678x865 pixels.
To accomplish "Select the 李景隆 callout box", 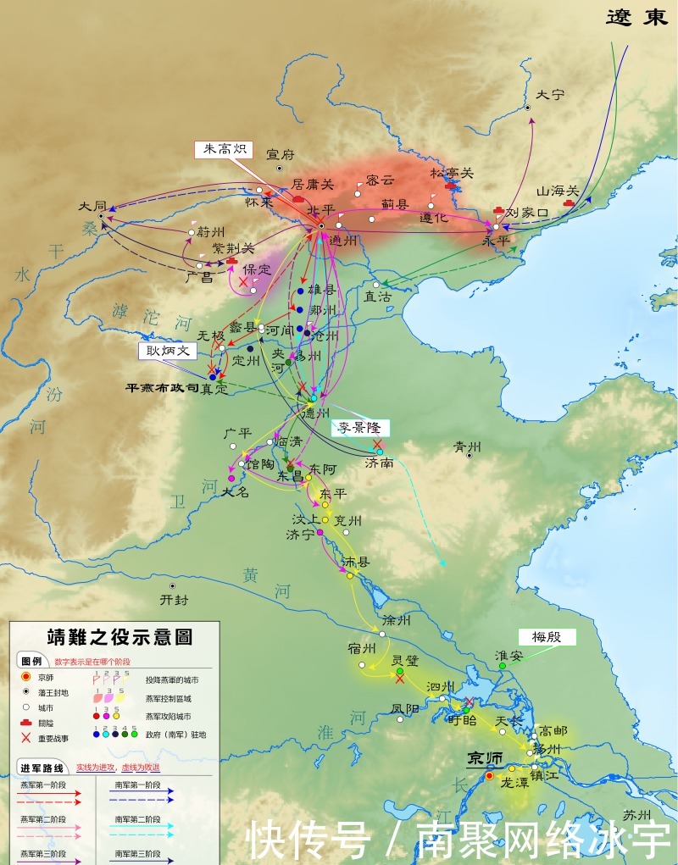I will (x=360, y=428).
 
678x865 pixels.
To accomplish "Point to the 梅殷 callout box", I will (x=547, y=636).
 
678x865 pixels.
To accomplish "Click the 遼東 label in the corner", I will (x=637, y=18).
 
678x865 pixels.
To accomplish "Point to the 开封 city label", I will (x=174, y=599).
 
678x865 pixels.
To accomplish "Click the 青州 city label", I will (x=467, y=446).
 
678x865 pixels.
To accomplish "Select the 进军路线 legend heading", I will (x=42, y=768).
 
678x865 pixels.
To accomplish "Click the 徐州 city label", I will (x=396, y=620).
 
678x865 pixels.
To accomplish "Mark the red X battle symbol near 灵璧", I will (x=400, y=679).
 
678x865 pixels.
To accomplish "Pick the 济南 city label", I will (x=379, y=463).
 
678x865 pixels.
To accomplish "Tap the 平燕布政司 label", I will (x=162, y=388).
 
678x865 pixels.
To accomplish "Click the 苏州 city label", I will (x=637, y=815).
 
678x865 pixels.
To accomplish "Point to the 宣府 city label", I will (x=281, y=154).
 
